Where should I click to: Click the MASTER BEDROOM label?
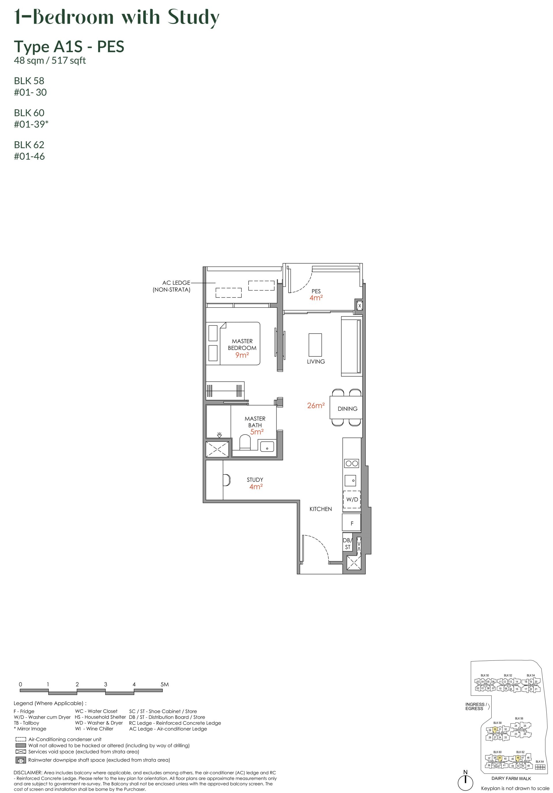(x=242, y=344)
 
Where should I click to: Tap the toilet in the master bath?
(x=245, y=442)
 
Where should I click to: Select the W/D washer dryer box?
(x=352, y=500)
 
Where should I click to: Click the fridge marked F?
(x=351, y=523)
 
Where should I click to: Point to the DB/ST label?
(x=347, y=544)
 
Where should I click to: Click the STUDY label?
(x=255, y=480)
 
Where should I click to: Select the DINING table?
(x=346, y=408)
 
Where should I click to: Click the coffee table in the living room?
(x=315, y=345)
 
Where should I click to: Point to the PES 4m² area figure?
(x=316, y=298)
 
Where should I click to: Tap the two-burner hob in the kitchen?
(x=351, y=464)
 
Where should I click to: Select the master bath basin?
(x=267, y=447)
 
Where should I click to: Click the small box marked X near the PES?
(x=359, y=306)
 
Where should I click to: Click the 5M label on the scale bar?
(x=164, y=684)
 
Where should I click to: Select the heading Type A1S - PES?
(x=69, y=47)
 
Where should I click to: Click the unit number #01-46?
(x=29, y=157)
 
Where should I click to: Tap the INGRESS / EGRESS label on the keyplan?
(x=476, y=706)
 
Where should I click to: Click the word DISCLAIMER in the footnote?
(x=28, y=773)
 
